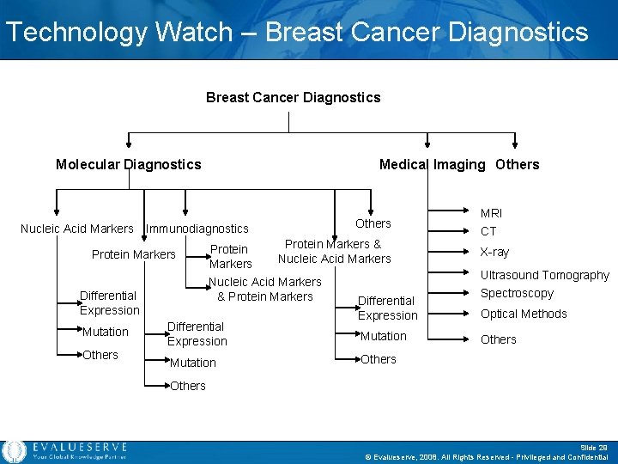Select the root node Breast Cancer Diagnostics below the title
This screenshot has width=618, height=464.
click(x=293, y=97)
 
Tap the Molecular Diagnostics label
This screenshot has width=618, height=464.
click(x=128, y=164)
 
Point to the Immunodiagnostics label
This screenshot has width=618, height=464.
click(x=197, y=229)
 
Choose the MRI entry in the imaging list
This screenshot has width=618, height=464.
click(x=491, y=212)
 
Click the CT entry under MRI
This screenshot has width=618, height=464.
click(x=488, y=231)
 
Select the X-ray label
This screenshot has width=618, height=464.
click(x=494, y=252)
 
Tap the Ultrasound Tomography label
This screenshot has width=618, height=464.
click(x=544, y=275)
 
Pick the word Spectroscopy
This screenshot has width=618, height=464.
click(x=517, y=293)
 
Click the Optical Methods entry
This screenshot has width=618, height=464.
click(x=523, y=314)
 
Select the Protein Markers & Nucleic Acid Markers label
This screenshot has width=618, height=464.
click(x=334, y=251)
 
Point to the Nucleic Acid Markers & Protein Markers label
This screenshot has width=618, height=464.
click(x=265, y=289)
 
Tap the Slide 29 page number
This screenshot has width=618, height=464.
click(x=595, y=447)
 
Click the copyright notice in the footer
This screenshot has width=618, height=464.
click(x=487, y=457)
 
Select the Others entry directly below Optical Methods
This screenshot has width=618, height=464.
click(x=498, y=339)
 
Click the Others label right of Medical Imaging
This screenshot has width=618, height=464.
click(x=517, y=164)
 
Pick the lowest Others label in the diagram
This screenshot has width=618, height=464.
click(x=187, y=386)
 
